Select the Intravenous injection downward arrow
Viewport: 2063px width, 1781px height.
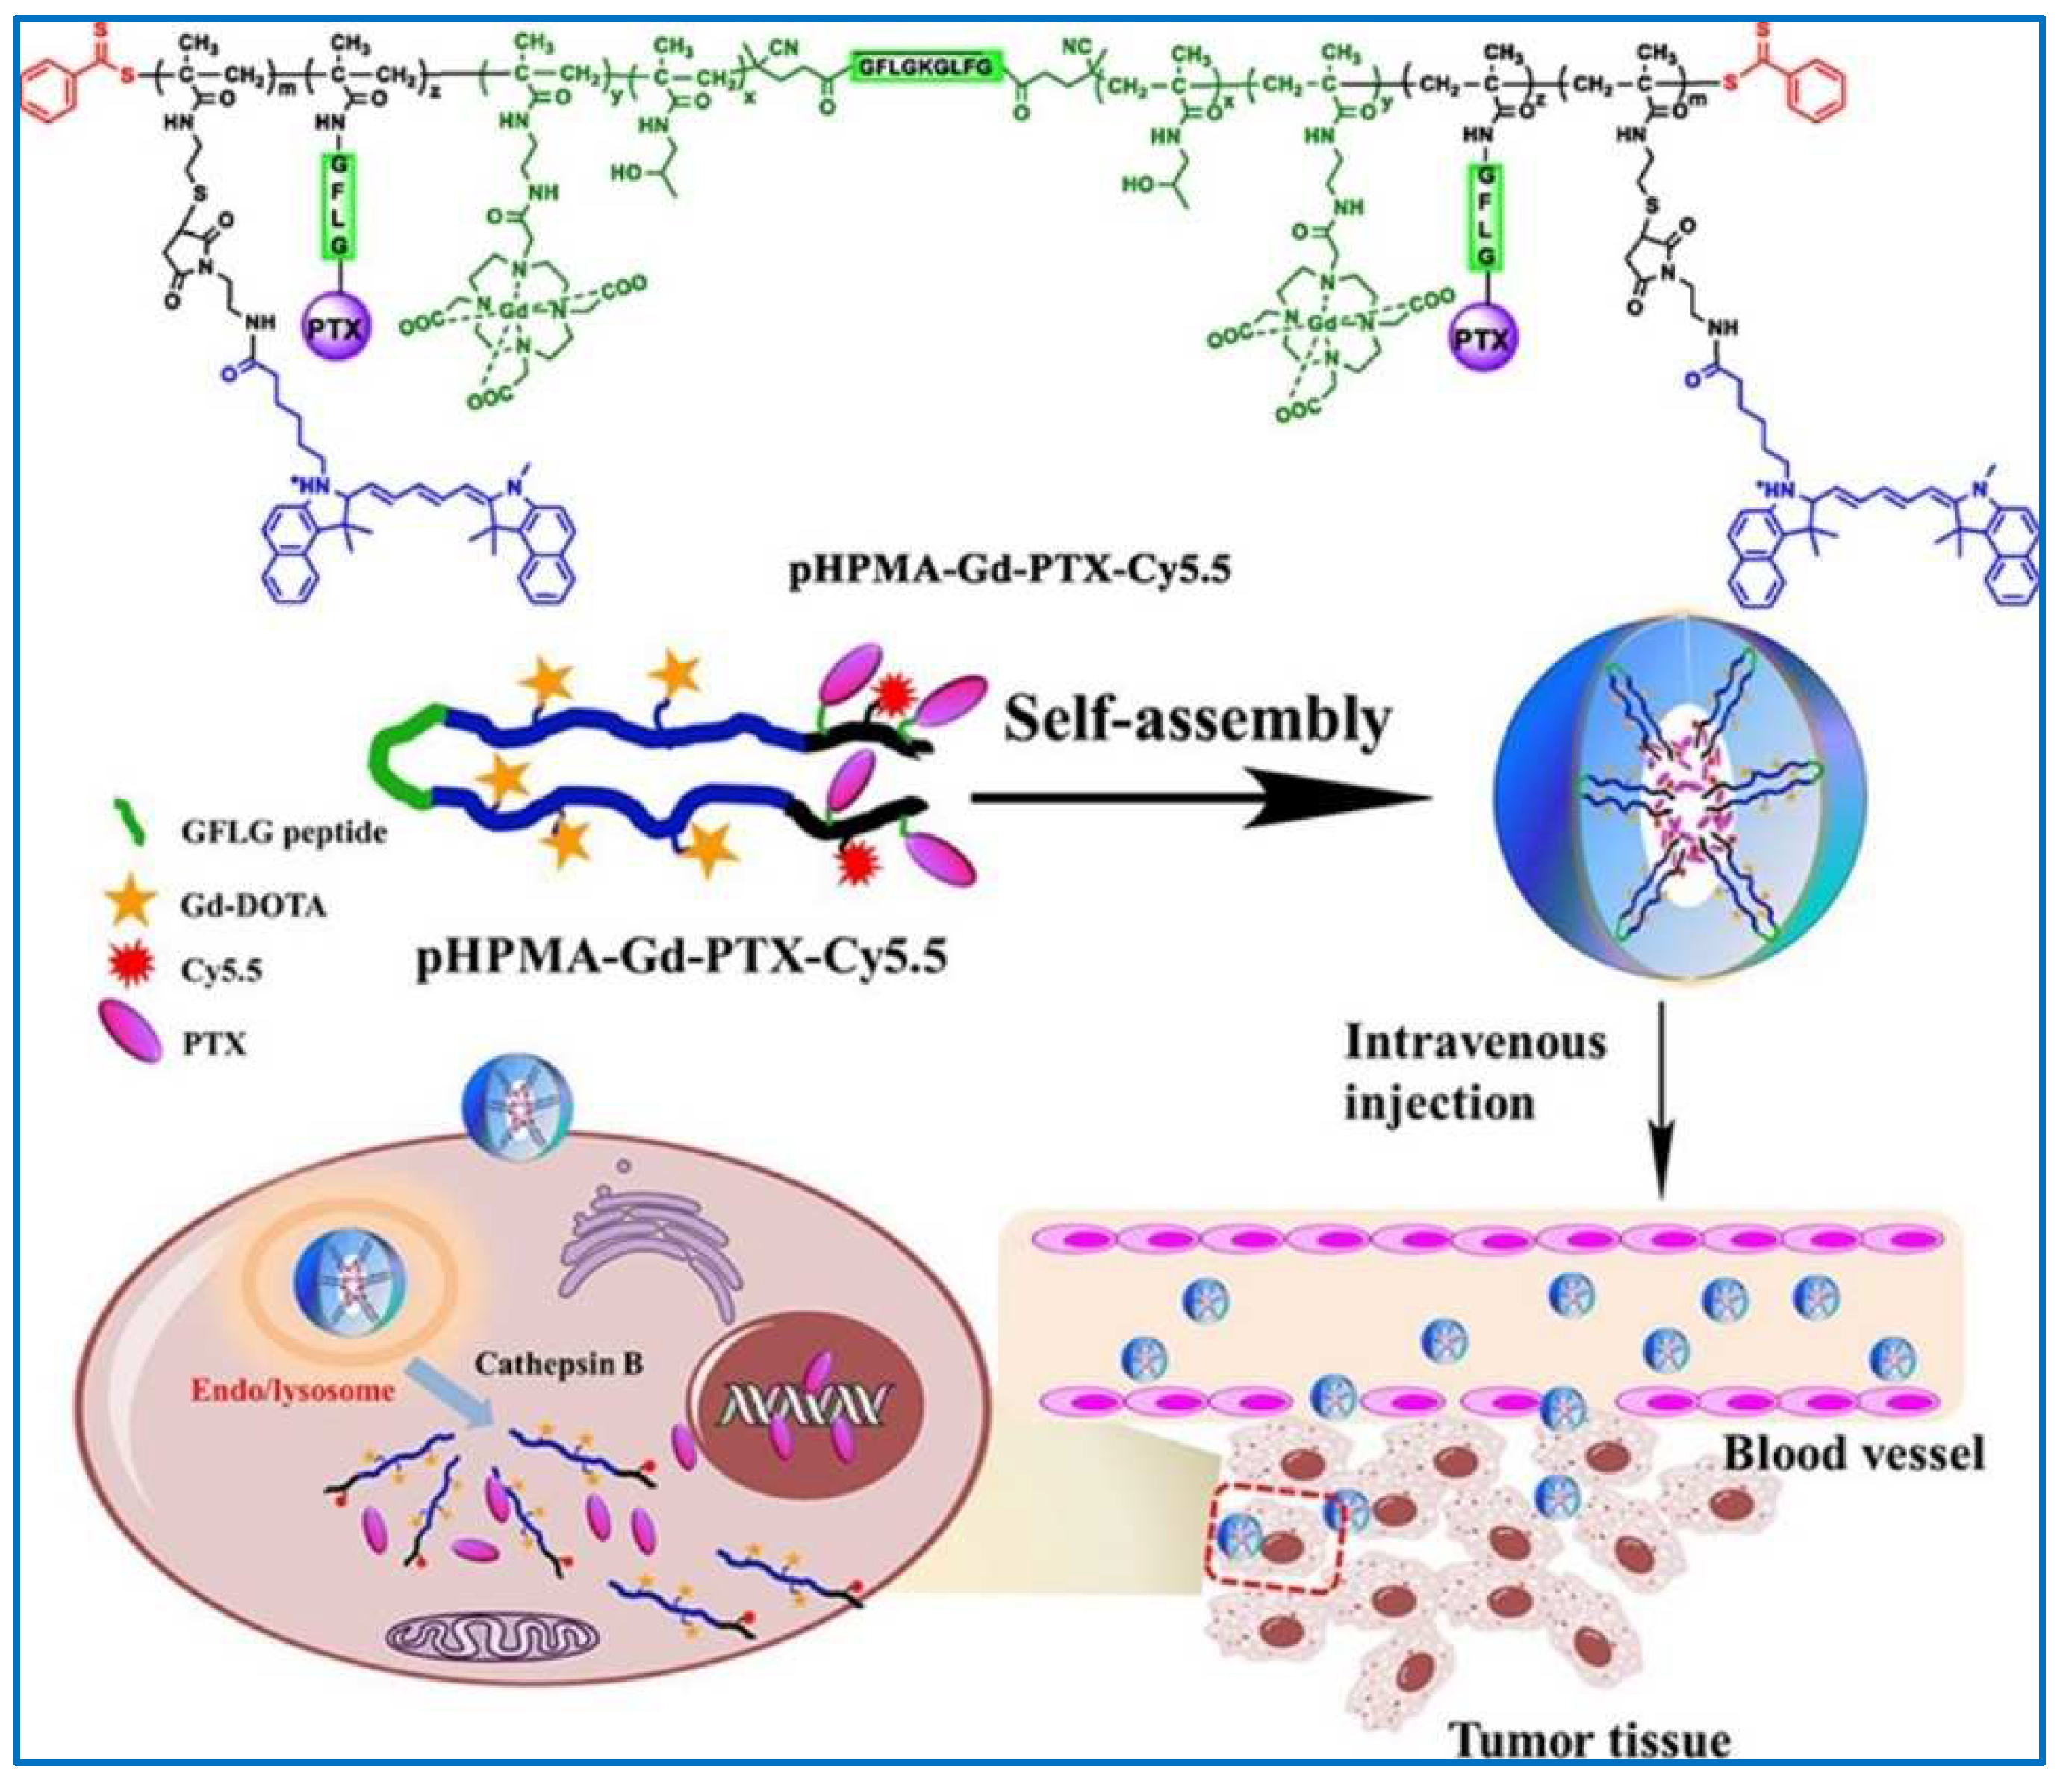pyautogui.click(x=1660, y=1096)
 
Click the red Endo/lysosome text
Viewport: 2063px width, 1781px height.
pyautogui.click(x=293, y=1390)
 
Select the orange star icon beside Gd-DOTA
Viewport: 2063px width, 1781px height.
pyautogui.click(x=129, y=903)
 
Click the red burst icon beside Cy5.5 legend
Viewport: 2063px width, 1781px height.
pyautogui.click(x=129, y=966)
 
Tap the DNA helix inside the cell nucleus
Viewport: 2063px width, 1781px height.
pyautogui.click(x=803, y=1405)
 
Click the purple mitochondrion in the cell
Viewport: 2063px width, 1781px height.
pyautogui.click(x=493, y=1634)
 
